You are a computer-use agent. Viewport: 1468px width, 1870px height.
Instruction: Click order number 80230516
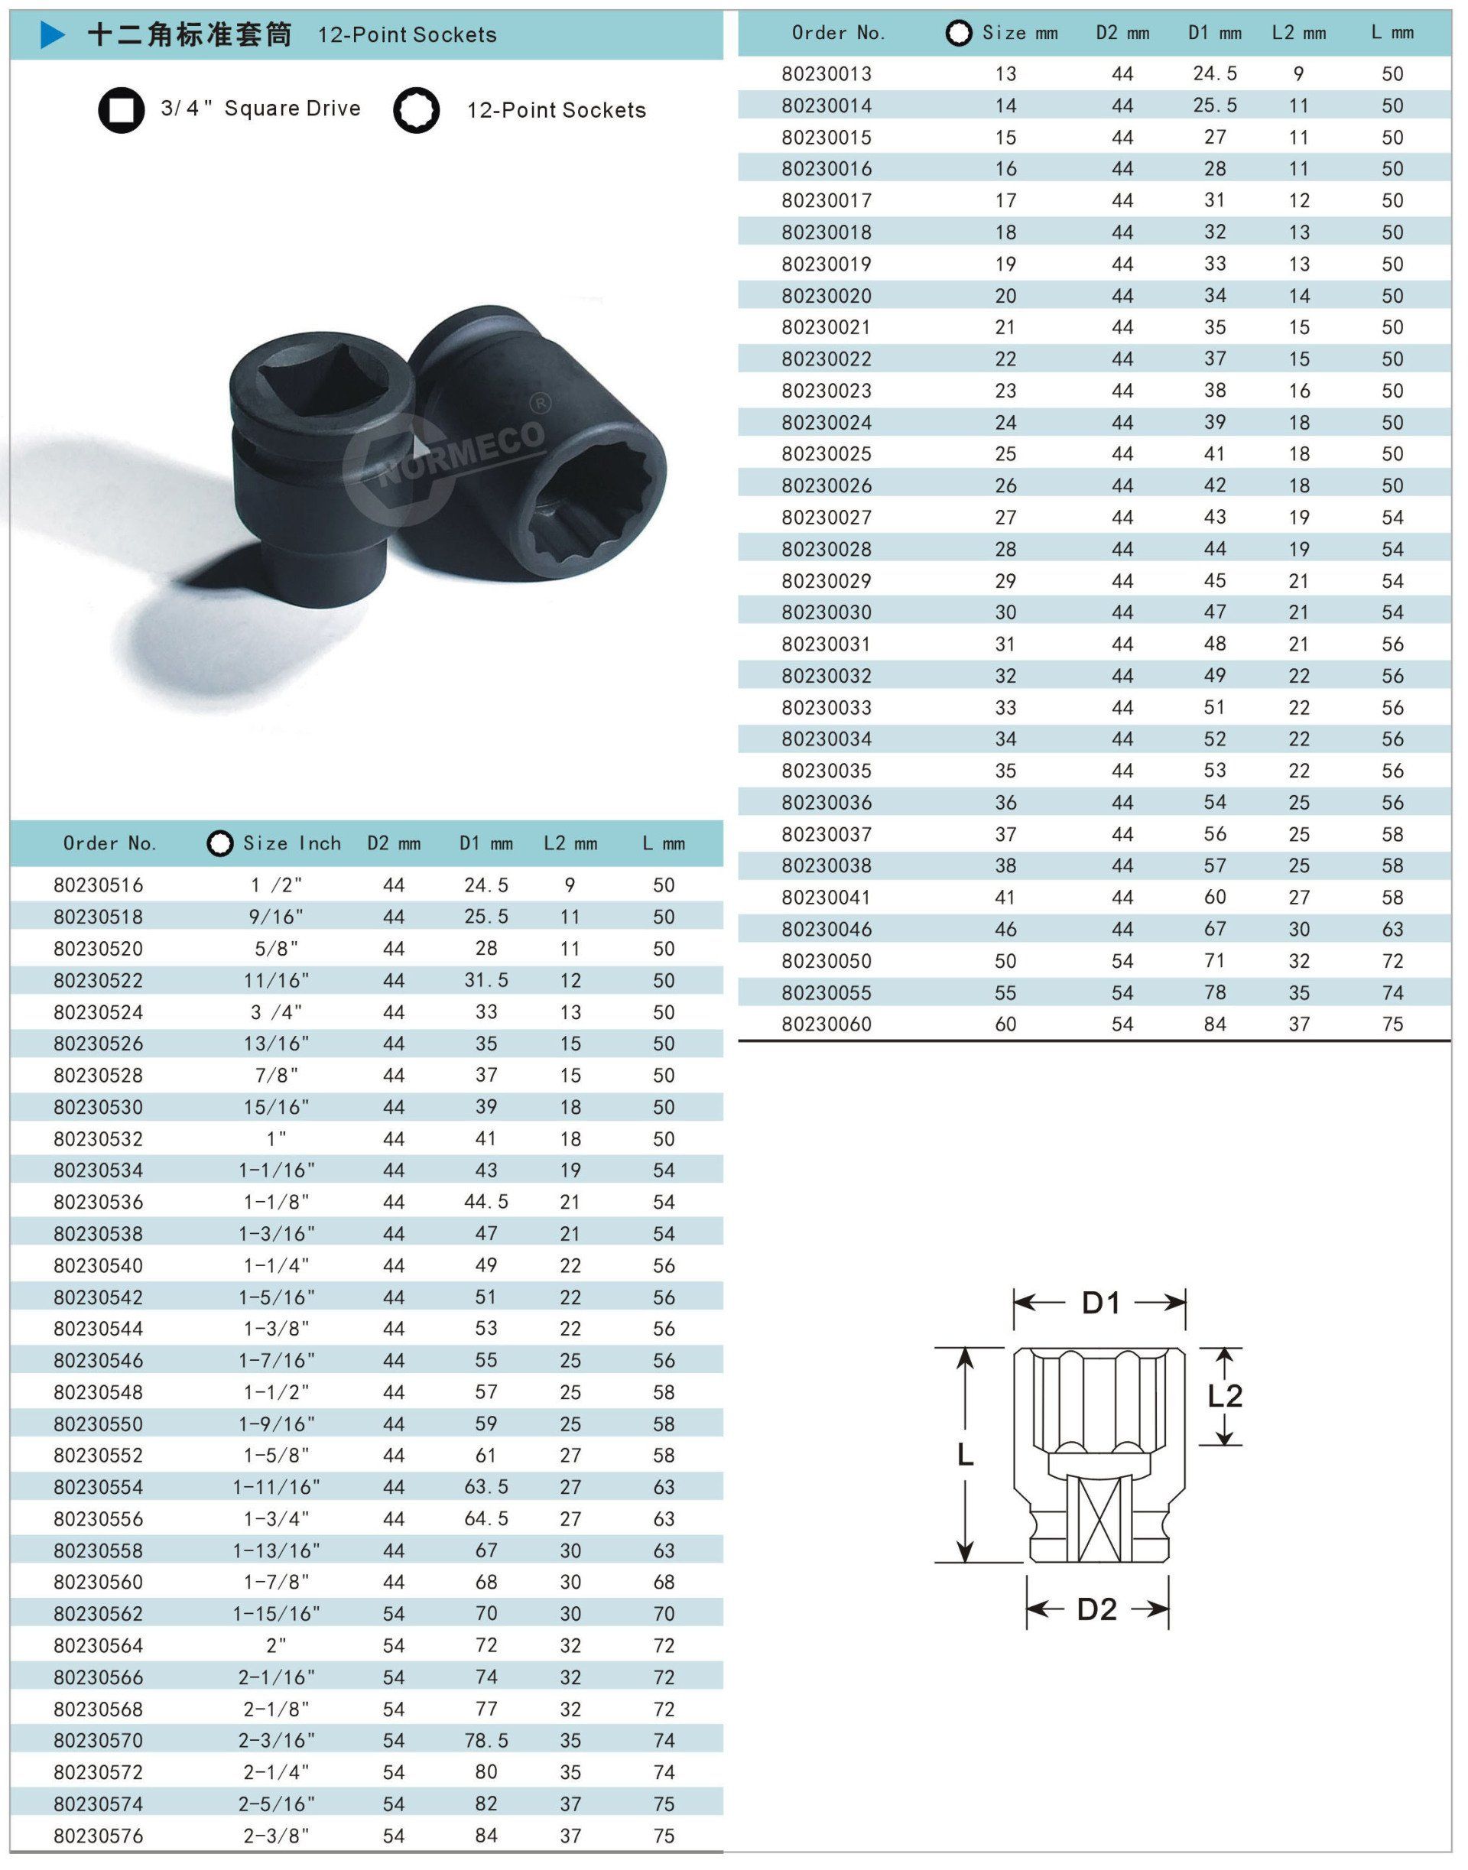[x=98, y=885]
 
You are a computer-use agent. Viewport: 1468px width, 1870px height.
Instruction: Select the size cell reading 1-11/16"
[x=277, y=1487]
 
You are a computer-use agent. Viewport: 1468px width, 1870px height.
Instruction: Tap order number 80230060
[x=826, y=1024]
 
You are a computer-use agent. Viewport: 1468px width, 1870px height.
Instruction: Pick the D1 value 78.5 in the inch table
[x=486, y=1740]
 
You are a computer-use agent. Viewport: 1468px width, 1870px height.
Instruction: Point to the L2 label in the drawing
[x=1225, y=1396]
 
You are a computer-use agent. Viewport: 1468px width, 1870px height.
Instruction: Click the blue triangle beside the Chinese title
[x=53, y=35]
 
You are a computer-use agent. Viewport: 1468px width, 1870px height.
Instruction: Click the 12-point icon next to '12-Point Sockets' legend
[x=416, y=110]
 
